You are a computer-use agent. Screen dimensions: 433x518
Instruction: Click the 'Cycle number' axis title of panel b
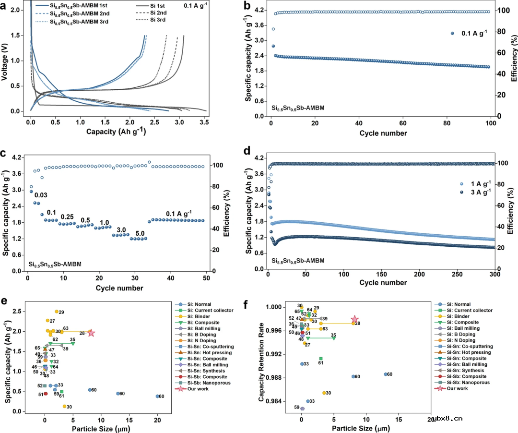click(384, 133)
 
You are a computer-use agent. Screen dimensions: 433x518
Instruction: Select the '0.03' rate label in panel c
click(40, 195)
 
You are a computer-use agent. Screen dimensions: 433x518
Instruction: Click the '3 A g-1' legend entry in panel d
click(478, 191)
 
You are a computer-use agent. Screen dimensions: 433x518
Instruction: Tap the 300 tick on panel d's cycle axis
click(494, 275)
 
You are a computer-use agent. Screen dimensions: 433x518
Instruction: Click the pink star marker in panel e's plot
click(91, 333)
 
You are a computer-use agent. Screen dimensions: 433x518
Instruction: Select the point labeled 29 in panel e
click(57, 312)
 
